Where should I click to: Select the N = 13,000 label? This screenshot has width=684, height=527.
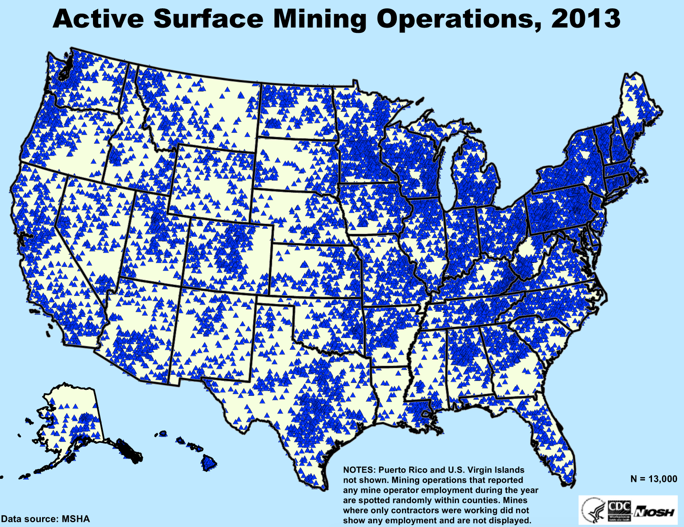point(653,479)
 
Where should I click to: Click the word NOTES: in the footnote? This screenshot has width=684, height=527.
point(359,469)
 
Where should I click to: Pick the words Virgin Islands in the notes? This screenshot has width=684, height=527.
point(493,469)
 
